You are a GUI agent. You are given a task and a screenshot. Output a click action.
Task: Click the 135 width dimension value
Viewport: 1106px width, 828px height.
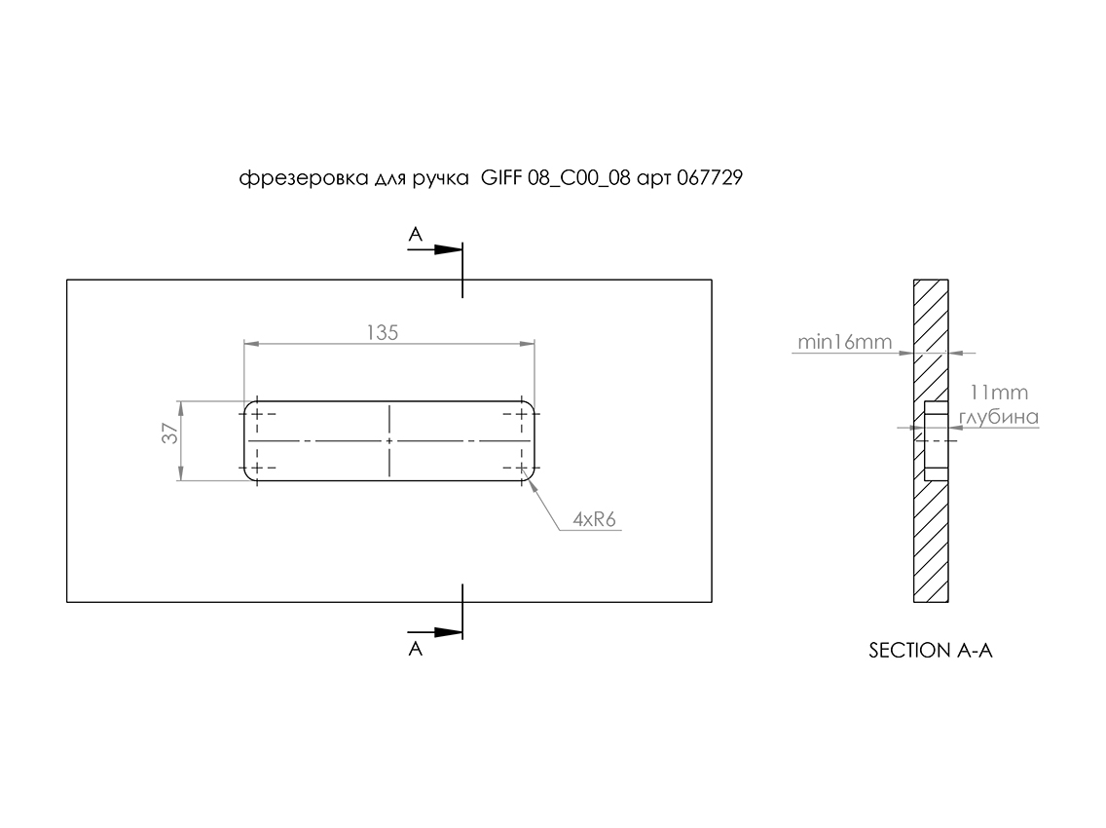[383, 332]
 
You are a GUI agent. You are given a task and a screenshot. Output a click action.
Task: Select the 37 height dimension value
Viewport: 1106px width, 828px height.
[170, 433]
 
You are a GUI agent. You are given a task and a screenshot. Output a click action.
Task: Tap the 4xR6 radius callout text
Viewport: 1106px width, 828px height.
[594, 519]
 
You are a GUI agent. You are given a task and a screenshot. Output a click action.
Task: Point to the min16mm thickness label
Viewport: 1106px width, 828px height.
[844, 342]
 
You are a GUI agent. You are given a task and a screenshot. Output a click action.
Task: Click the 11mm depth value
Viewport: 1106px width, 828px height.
[999, 393]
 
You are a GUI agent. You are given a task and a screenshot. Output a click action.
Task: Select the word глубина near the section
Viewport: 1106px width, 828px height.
[999, 417]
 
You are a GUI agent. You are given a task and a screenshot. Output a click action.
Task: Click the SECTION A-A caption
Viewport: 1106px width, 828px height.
[931, 650]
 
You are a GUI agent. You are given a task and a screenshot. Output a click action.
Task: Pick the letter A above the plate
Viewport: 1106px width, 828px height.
[416, 234]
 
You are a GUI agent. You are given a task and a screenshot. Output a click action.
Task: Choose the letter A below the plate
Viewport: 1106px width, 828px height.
[416, 648]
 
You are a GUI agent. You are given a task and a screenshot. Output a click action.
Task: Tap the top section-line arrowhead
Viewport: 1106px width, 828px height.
[448, 249]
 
